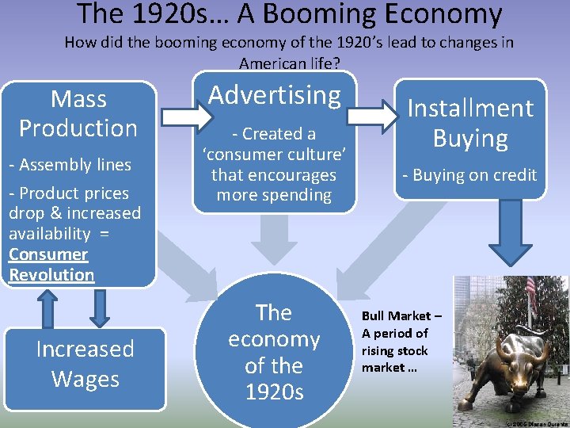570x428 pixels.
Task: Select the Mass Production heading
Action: tap(78, 113)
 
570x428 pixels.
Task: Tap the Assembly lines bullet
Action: tap(70, 165)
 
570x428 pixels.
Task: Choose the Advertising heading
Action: tap(274, 95)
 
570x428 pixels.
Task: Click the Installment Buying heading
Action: tap(470, 123)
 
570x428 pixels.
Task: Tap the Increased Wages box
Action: tap(85, 364)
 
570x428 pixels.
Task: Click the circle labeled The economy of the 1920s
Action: tap(274, 352)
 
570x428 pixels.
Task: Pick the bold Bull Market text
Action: tap(401, 316)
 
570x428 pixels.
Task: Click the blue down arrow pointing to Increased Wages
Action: tap(98, 308)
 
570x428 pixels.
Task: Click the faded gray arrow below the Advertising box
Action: tap(275, 233)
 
